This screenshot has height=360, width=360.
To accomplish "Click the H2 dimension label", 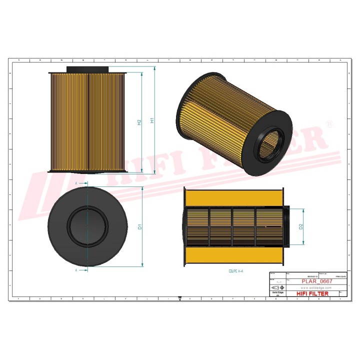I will (x=139, y=122).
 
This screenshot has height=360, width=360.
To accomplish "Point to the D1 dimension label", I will (x=140, y=226).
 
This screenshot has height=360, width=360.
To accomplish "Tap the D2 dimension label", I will (x=301, y=226).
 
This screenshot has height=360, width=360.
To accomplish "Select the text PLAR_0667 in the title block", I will (x=317, y=281).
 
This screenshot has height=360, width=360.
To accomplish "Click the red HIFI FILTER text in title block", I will (x=313, y=293).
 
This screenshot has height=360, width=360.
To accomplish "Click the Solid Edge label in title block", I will (x=277, y=293).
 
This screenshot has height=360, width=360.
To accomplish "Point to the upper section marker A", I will (x=76, y=184).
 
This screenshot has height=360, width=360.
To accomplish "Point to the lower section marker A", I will (x=76, y=270).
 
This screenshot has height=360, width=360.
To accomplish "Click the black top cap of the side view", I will (x=87, y=69).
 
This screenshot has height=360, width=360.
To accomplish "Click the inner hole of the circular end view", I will (x=87, y=226).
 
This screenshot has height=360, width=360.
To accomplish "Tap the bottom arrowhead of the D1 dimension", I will (x=143, y=264).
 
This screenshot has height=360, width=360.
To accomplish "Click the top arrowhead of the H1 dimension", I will (x=155, y=68).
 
